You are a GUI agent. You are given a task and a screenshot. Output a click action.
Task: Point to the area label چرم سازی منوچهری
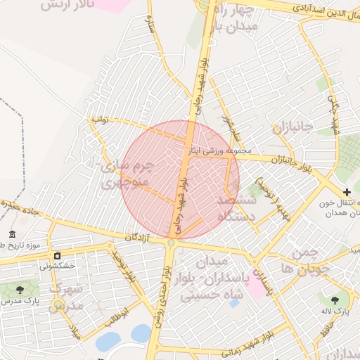pos(127,175)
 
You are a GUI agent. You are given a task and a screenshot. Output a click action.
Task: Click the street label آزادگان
pos(138,237)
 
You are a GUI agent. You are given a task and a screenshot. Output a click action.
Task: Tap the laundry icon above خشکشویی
pos(58,256)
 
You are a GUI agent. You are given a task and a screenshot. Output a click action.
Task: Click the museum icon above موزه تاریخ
pos(12,234)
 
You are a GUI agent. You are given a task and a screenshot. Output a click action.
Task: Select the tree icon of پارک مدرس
pos(19,288)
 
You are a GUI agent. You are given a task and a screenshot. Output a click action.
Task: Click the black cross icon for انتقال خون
pos(346,191)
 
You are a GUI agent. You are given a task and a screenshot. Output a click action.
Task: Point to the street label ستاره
pos(150,29)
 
